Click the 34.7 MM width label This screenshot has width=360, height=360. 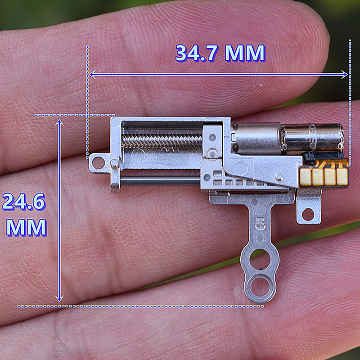click(x=220, y=53)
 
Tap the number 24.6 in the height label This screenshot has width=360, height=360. click(x=24, y=202)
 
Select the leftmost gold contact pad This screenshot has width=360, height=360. click(x=306, y=176)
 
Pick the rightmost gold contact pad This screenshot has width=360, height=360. click(x=342, y=176)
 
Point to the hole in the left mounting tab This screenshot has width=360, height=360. click(x=98, y=163)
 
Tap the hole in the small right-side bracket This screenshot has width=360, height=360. click(x=308, y=215)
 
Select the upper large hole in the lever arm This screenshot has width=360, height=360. click(x=260, y=260)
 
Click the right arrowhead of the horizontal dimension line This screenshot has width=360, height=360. click(x=344, y=74)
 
